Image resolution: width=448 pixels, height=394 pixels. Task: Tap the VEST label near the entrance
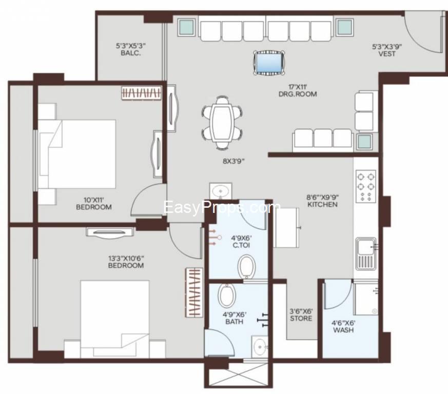click(x=386, y=53)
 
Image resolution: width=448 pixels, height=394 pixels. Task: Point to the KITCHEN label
click(x=322, y=204)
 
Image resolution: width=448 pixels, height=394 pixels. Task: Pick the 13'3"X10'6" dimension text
click(x=126, y=258)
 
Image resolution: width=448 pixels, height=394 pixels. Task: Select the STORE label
click(x=301, y=318)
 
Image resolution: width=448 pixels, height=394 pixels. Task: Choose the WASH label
click(x=343, y=330)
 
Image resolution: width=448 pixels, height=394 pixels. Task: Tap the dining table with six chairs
click(x=222, y=123)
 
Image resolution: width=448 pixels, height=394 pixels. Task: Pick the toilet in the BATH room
click(x=226, y=296)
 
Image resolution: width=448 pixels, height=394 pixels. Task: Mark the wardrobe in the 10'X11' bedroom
click(x=142, y=93)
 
